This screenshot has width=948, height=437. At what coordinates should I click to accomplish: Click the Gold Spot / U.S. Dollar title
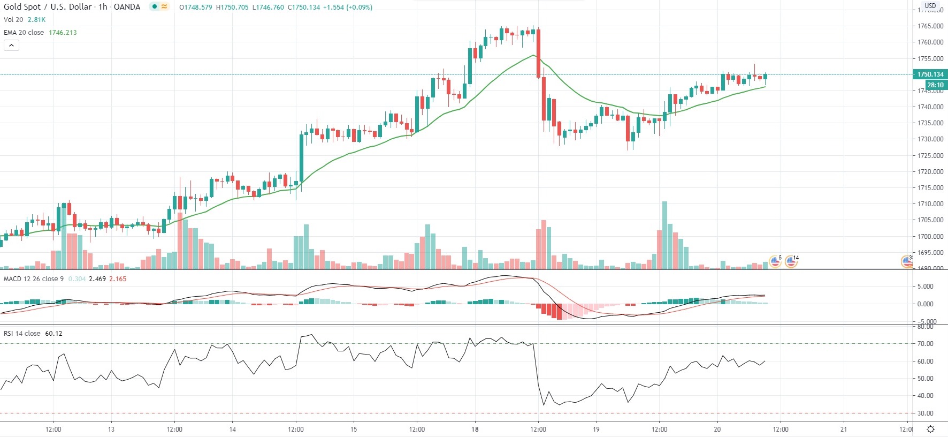click(x=48, y=7)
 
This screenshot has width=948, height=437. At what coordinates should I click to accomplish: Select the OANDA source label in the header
click(x=127, y=7)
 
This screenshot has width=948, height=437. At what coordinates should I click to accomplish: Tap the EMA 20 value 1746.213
click(x=63, y=33)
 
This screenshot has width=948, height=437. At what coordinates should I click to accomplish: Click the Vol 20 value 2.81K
click(x=36, y=20)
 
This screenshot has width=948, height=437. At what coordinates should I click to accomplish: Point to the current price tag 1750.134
click(x=930, y=74)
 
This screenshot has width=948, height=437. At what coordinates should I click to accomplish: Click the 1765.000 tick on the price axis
click(x=930, y=26)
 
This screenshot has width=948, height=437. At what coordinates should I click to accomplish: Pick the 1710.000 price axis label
click(x=930, y=204)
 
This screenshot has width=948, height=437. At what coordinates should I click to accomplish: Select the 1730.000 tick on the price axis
click(x=930, y=139)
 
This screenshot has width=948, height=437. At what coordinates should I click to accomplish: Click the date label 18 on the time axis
click(x=475, y=429)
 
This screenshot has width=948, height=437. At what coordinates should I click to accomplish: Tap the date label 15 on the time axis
click(x=354, y=429)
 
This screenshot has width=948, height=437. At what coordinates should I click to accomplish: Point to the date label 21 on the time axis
click(x=844, y=429)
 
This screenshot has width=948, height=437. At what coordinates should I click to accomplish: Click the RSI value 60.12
click(x=53, y=334)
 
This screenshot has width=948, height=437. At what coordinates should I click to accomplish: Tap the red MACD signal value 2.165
click(x=118, y=279)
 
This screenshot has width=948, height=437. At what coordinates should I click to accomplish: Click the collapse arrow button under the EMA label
click(x=11, y=46)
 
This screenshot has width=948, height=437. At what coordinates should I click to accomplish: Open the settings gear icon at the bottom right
click(x=931, y=429)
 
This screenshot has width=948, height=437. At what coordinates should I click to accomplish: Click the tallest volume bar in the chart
click(x=664, y=236)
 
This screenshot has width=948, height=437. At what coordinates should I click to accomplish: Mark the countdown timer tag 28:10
click(x=935, y=85)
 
